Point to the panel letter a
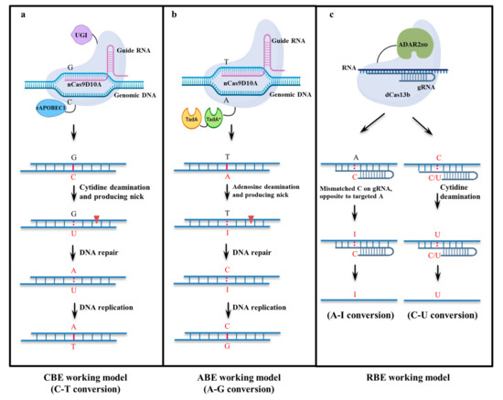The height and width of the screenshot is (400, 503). click(12, 12)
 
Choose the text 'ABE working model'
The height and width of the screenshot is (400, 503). click(245, 374)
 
